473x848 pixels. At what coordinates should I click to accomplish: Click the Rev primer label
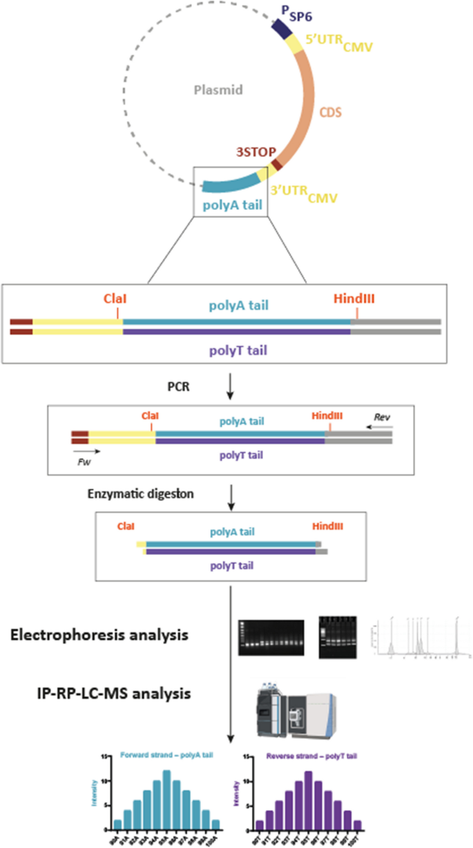pyautogui.click(x=382, y=417)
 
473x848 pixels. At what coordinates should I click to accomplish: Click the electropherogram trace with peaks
pyautogui.click(x=418, y=636)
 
